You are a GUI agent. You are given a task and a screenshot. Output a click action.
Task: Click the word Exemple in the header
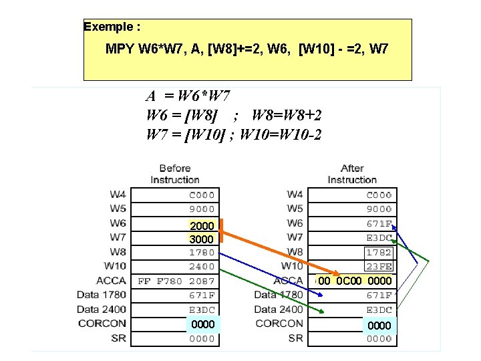(108, 27)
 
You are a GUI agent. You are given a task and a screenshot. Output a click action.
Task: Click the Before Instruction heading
(175, 174)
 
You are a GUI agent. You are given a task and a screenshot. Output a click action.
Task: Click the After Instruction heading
(352, 174)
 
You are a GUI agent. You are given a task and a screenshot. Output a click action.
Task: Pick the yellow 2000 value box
(202, 227)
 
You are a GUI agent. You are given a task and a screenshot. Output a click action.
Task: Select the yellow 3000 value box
(202, 239)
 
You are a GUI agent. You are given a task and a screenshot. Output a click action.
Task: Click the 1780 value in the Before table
(202, 253)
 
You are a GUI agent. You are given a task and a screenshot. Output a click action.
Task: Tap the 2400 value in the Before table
(202, 267)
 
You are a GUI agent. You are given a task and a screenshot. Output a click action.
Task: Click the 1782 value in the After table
(379, 253)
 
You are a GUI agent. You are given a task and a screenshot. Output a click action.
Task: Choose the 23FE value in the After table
(379, 267)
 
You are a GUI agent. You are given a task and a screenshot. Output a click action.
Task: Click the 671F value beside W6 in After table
(379, 224)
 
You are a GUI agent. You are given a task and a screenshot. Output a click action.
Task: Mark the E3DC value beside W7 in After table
(379, 238)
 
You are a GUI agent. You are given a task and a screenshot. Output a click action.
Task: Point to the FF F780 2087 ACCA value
(176, 281)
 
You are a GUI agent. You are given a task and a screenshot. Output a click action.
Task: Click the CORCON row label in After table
(279, 324)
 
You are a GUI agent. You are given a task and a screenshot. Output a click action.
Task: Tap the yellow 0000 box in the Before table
(202, 324)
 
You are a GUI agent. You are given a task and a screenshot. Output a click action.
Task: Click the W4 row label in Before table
(118, 195)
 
